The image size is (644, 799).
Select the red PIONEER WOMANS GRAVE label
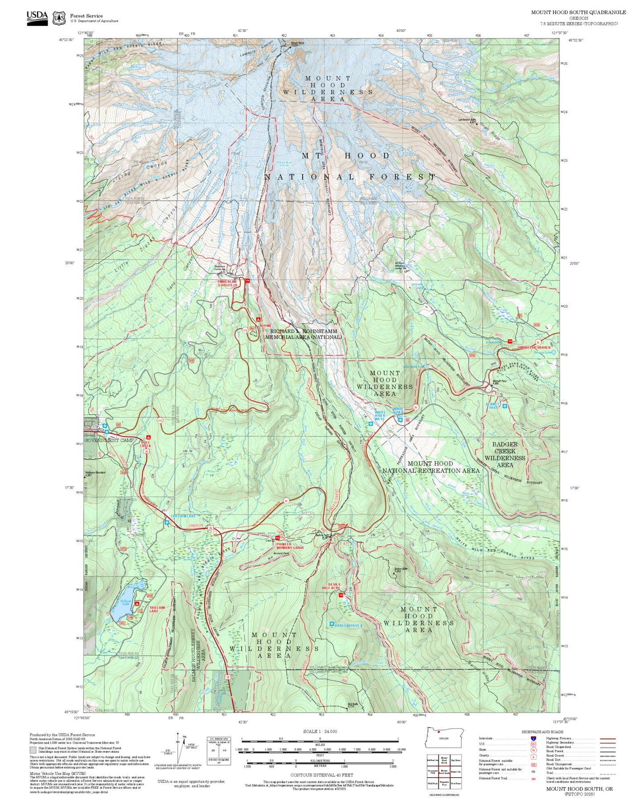(x=290, y=545)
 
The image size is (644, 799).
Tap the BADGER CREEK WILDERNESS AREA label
(x=505, y=454)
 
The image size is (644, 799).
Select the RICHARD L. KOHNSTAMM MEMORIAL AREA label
(x=303, y=334)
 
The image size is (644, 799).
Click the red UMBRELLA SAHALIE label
(x=534, y=347)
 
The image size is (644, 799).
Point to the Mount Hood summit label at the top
(x=297, y=44)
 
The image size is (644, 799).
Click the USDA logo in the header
(x=37, y=16)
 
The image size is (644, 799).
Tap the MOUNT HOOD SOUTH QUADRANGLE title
(x=578, y=12)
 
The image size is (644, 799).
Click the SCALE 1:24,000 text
(x=320, y=731)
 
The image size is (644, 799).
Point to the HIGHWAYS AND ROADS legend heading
(x=542, y=732)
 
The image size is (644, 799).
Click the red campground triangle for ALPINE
(x=258, y=319)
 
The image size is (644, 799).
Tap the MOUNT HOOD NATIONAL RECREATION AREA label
(x=431, y=467)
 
